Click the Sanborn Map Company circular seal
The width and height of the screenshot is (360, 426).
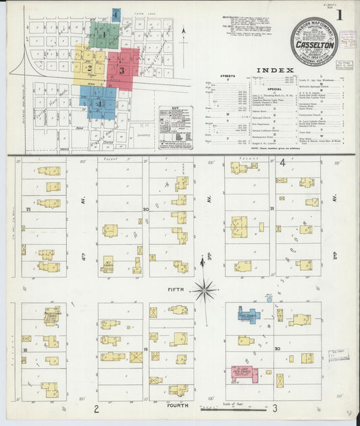(314, 42)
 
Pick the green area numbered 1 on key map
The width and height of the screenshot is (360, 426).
(105, 34)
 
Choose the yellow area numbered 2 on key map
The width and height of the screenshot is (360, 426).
(89, 66)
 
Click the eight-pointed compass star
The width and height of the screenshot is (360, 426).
(203, 290)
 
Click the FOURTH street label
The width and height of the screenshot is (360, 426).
(178, 406)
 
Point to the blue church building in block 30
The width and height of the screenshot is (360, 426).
(248, 315)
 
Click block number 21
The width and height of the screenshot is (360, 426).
(28, 210)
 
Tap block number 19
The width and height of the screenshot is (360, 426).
(145, 349)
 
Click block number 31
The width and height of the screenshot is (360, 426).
(272, 209)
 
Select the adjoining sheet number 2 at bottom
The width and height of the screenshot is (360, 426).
(97, 408)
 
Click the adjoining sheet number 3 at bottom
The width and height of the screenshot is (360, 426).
(276, 408)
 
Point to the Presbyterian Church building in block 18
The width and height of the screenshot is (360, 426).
(51, 316)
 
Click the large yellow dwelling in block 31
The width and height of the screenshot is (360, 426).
(239, 226)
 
